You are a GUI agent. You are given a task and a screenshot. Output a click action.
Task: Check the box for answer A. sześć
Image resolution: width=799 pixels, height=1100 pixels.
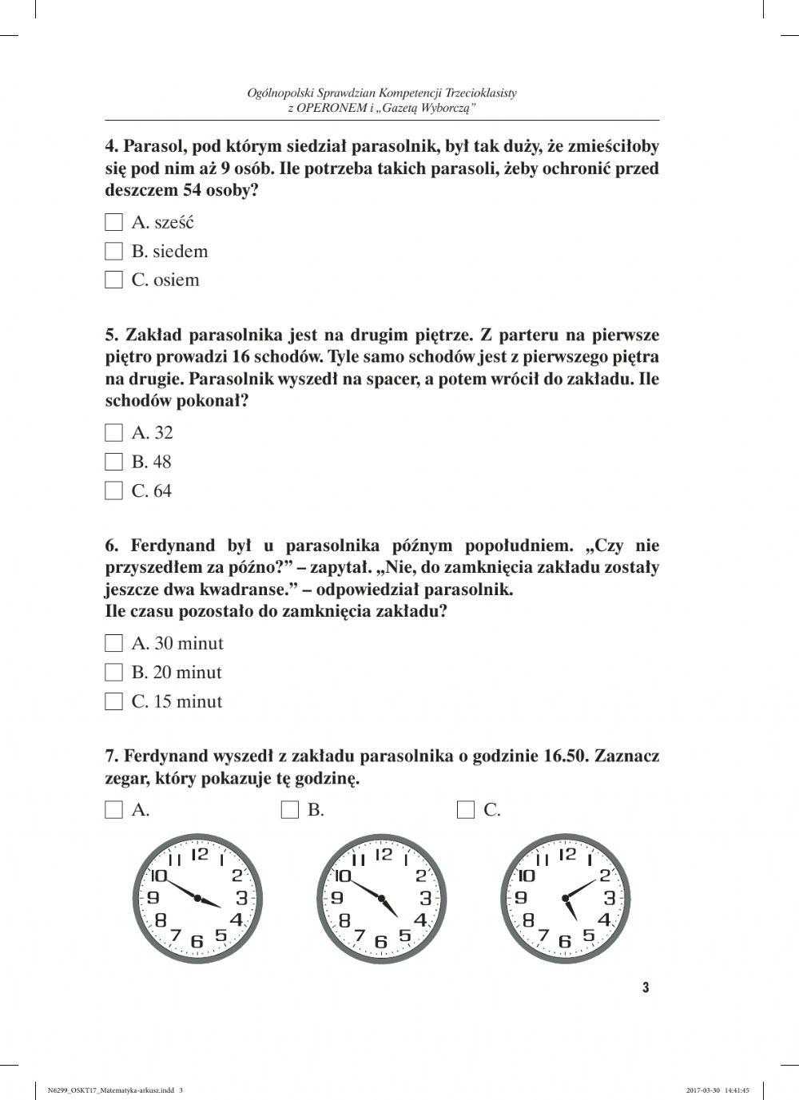coord(114,222)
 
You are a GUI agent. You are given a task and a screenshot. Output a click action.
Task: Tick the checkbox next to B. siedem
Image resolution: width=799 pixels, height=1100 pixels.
coord(114,252)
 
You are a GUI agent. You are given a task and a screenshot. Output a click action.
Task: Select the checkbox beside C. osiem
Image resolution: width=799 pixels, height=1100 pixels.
coord(114,280)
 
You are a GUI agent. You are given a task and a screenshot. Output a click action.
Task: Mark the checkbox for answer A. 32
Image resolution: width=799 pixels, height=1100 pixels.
coord(114,433)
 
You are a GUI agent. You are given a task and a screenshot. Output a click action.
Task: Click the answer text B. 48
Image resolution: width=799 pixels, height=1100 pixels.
coord(151,462)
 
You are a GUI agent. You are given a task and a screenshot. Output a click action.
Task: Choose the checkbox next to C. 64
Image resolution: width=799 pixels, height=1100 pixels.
coord(114,491)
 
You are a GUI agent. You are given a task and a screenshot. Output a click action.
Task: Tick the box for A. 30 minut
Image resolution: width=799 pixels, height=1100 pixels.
coord(114,644)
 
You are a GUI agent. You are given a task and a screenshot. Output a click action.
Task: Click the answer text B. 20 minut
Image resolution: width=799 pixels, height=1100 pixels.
coord(177,673)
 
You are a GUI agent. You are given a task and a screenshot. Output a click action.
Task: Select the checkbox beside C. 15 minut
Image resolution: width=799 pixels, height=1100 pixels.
coord(114,702)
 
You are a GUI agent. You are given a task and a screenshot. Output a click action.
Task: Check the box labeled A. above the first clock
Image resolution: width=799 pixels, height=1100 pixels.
coord(114,810)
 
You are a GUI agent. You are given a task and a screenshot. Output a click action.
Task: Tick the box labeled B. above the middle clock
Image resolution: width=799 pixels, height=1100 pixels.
coord(290,810)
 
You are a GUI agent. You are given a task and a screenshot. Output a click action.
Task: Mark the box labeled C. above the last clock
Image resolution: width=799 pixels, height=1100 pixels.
coord(466,810)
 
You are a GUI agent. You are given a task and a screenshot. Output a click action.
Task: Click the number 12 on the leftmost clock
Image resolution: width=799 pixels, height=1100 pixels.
coord(199,854)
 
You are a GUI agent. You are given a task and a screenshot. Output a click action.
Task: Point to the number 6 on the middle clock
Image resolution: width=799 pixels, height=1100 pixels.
coord(381,943)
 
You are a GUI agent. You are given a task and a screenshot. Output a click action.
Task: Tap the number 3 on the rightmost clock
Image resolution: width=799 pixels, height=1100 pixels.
coord(609,897)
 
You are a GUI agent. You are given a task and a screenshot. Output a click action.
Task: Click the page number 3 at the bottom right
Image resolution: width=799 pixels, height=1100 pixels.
coord(646,987)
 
